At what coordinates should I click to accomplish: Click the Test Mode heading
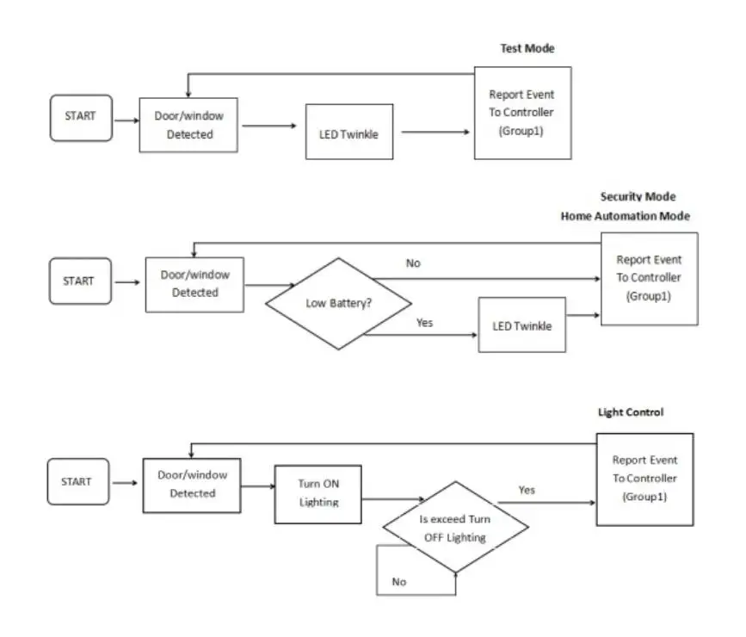pos(527,48)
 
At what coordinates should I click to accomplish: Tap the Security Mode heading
pos(638,196)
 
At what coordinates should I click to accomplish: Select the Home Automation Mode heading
pos(626,216)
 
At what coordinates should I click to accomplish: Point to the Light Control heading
pos(631,412)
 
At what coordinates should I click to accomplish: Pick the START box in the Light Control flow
pos(78,481)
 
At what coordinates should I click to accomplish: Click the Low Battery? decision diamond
pos(338,304)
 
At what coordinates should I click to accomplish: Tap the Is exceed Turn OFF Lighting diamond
pos(455,527)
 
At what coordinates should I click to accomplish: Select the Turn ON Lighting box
pos(318,494)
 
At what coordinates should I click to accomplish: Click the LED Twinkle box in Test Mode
pos(349,132)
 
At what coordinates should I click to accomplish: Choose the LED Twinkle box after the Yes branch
pos(522,325)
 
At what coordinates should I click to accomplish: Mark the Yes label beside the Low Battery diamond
pos(424,323)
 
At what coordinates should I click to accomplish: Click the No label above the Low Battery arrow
pos(413,263)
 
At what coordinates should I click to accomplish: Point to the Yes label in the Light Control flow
pos(527,490)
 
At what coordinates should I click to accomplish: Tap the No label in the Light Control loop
pos(398,582)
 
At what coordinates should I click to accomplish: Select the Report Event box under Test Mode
pos(523,113)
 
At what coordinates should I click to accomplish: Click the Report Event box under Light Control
pos(644,479)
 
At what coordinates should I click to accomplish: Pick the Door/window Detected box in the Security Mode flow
pos(194,285)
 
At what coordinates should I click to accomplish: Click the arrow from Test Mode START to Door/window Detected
pos(126,121)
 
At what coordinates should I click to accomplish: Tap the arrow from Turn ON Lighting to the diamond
pos(393,499)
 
